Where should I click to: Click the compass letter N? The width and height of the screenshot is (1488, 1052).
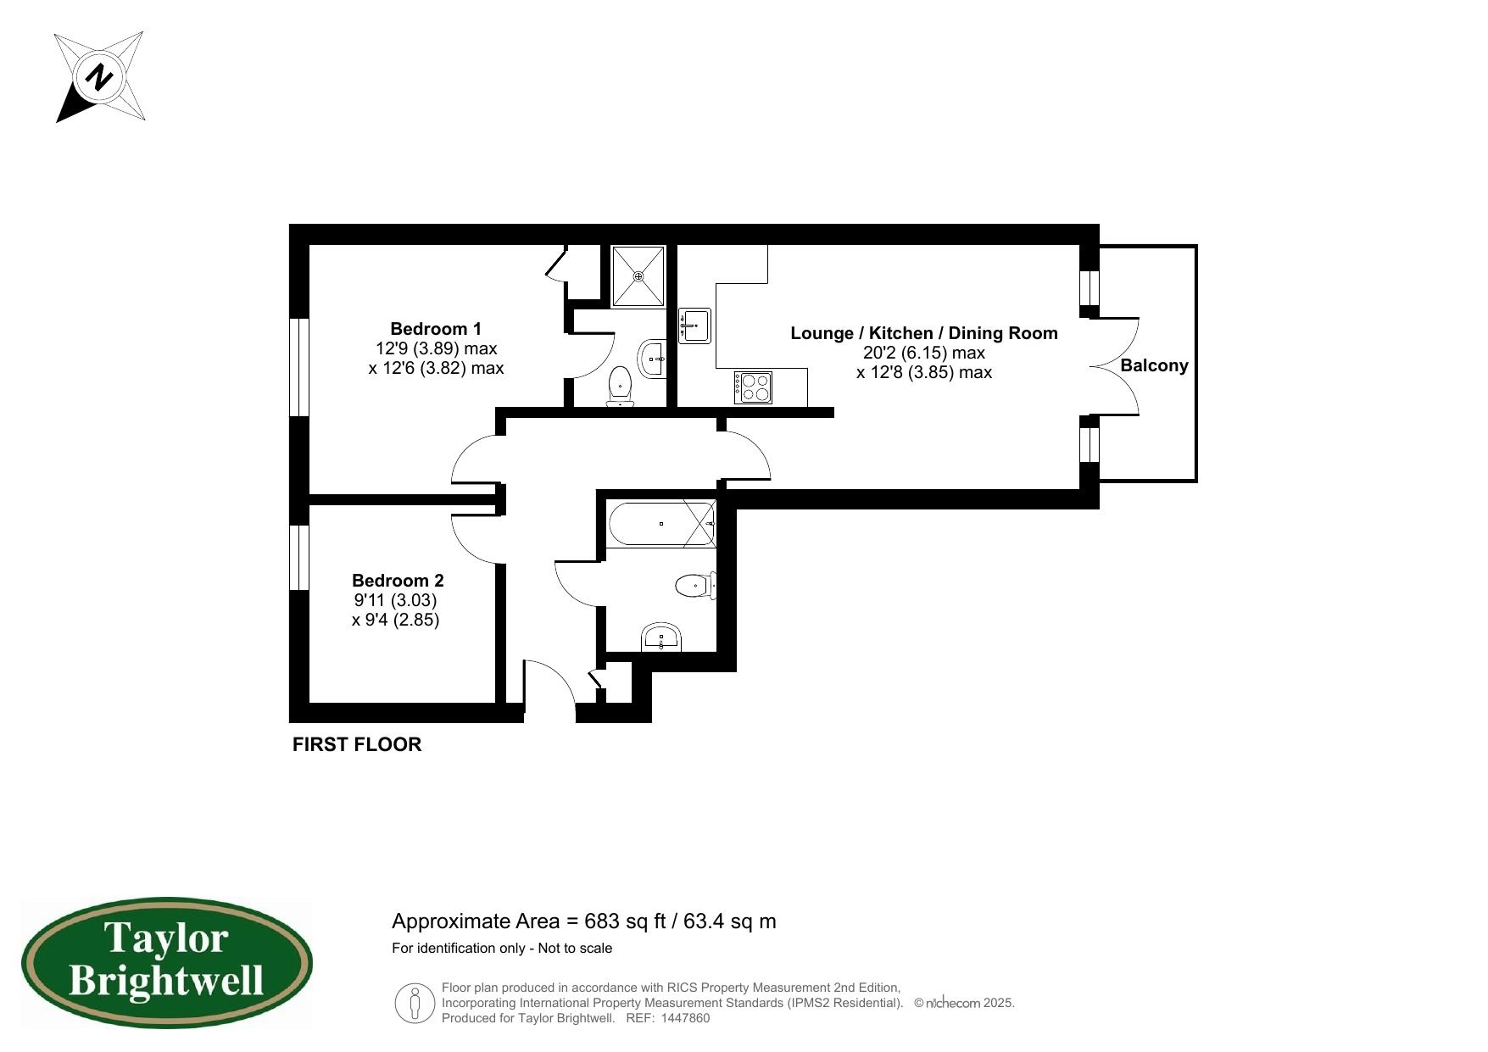pos(100,78)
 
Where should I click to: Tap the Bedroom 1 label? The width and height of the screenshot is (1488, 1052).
pos(436,329)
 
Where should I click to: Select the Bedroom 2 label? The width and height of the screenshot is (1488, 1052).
pos(398,581)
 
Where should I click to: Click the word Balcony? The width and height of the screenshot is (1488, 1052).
pos(1154,365)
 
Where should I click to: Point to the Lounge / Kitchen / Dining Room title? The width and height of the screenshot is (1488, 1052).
pos(923,333)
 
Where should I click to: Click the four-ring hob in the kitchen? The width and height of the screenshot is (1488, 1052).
pos(754,388)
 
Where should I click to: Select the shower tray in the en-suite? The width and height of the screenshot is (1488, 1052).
pos(638,276)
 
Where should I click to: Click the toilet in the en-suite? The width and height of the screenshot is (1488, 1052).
pos(621,386)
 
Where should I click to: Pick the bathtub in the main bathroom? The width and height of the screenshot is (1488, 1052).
pos(661,524)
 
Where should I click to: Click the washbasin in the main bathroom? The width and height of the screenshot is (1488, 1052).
pos(660,637)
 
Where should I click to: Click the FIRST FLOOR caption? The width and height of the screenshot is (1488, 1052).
pos(357,744)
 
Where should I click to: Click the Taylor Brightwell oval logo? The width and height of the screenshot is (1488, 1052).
pos(167,964)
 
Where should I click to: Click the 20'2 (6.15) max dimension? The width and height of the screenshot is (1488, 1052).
pos(923,353)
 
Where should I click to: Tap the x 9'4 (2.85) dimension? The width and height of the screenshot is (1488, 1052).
pos(395,620)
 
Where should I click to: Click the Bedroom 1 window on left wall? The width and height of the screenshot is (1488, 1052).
pos(298,367)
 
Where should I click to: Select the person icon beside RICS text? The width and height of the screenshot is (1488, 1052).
pos(415,1003)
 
